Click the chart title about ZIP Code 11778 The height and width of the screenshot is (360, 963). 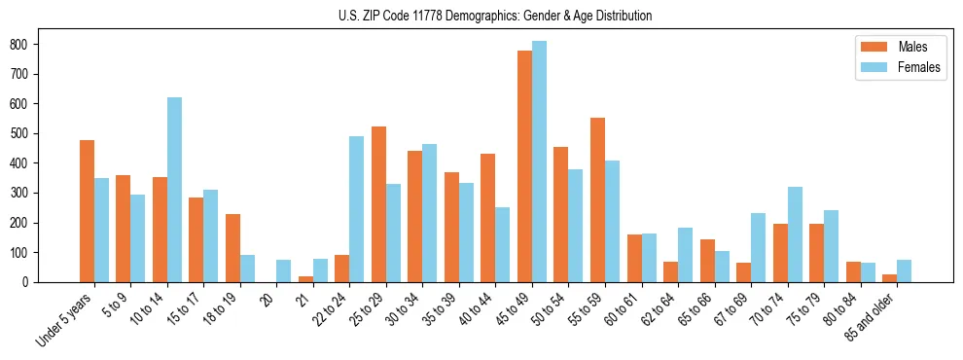coord(481,16)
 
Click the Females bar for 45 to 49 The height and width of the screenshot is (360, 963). coord(539,162)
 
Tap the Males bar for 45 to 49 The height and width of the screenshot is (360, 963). coord(525,166)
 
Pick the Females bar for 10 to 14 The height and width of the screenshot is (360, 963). coord(174,190)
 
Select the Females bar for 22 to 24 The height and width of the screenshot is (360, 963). coord(357,209)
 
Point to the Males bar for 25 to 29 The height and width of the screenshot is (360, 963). coord(379,204)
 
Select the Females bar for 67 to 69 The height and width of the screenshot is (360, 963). coord(759,247)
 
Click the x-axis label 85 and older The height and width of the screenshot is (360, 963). coord(871,318)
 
